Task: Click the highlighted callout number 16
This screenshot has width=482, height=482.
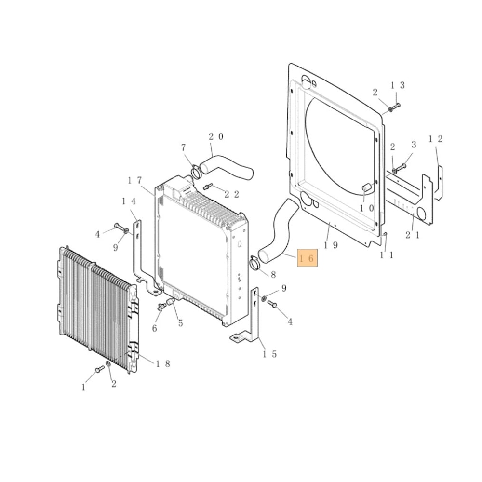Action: (307, 259)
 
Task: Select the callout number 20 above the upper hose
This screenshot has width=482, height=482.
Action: (215, 136)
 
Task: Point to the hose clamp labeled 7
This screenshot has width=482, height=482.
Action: (196, 170)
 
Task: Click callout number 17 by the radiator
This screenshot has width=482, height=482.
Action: (134, 180)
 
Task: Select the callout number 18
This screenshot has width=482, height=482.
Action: (162, 363)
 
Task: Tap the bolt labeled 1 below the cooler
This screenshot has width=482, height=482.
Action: (99, 370)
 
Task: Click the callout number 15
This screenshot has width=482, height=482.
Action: (269, 354)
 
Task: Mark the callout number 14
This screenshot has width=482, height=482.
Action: (129, 201)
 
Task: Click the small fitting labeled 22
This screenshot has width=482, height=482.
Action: (209, 187)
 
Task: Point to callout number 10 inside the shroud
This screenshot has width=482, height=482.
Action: (366, 208)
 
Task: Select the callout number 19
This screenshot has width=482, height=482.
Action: (331, 245)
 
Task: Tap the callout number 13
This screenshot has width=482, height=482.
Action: (397, 85)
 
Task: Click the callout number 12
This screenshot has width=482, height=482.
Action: (436, 139)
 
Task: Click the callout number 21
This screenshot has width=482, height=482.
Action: (413, 235)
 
